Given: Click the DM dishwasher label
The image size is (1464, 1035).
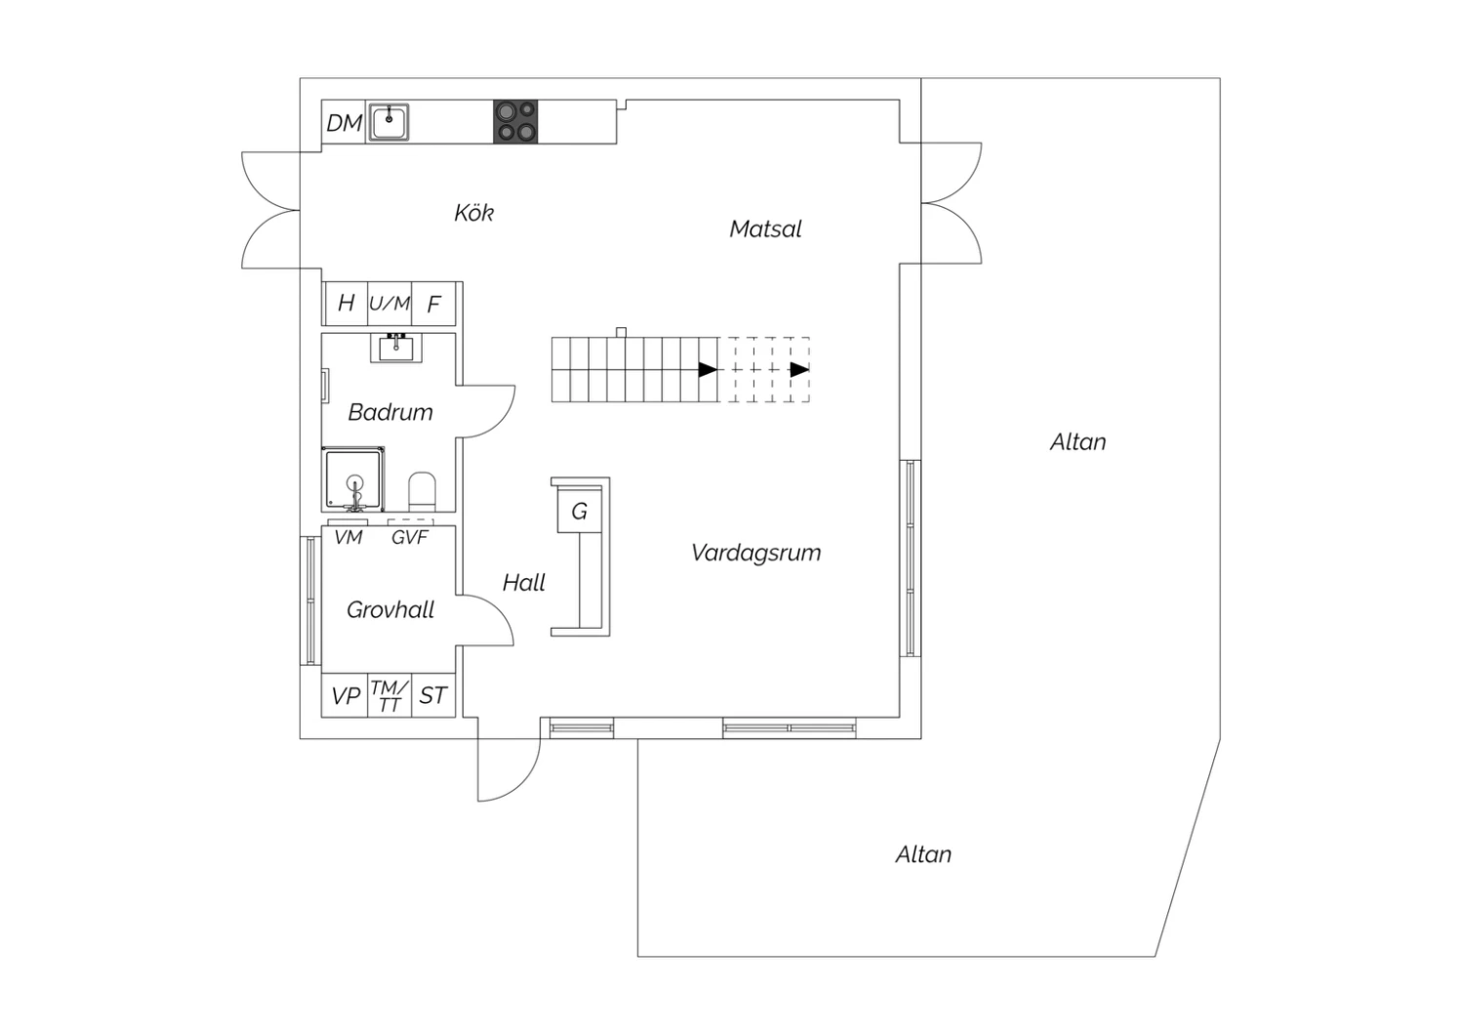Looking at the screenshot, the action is (x=344, y=123).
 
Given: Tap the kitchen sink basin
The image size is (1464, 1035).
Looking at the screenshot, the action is (x=388, y=122).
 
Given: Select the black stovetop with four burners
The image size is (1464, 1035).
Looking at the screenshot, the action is (x=515, y=122).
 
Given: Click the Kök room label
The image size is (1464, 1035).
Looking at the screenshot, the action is (x=473, y=213).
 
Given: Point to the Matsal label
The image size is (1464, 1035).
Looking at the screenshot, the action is (x=765, y=228).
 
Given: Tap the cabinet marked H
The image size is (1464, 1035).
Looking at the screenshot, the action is (x=346, y=303).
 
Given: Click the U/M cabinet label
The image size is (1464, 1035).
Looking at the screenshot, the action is (x=389, y=304).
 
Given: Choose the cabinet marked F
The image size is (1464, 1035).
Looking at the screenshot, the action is (x=433, y=304).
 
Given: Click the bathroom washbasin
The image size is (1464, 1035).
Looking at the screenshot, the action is (x=396, y=348).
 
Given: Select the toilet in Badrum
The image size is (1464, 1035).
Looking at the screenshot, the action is (x=422, y=492).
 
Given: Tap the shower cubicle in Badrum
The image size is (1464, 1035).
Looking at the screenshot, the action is (x=353, y=479).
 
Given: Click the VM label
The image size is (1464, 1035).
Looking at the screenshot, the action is (x=347, y=537).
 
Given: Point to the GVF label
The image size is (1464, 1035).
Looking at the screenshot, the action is (x=409, y=537).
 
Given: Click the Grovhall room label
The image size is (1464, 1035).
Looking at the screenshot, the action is (x=390, y=610).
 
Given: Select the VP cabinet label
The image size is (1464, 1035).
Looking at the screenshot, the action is (x=346, y=695).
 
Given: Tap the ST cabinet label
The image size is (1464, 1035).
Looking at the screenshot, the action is (x=432, y=695).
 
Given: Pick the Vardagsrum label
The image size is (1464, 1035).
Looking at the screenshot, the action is (x=756, y=553).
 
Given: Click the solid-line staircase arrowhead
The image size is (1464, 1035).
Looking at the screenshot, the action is (x=708, y=369).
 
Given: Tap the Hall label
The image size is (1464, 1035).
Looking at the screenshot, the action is (x=523, y=583).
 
